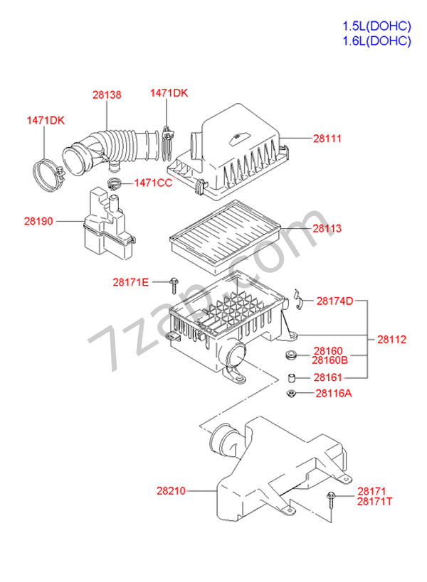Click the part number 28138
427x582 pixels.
(107, 95)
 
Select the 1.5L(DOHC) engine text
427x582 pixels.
(377, 26)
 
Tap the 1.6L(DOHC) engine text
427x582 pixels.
(377, 41)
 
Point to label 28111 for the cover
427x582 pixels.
(327, 139)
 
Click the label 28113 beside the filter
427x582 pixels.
(327, 228)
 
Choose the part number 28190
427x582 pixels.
(38, 221)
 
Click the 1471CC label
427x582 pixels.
(153, 183)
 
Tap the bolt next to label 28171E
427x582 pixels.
(174, 285)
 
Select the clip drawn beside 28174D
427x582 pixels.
(298, 299)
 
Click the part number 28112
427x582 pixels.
(391, 339)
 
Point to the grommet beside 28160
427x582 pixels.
(290, 355)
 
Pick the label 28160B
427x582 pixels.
(330, 360)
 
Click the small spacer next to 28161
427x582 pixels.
(292, 378)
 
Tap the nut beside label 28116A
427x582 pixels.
(290, 393)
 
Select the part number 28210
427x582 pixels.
(171, 491)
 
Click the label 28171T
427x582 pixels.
(374, 502)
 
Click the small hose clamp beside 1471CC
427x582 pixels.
(113, 183)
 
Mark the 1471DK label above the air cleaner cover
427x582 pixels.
(169, 93)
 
